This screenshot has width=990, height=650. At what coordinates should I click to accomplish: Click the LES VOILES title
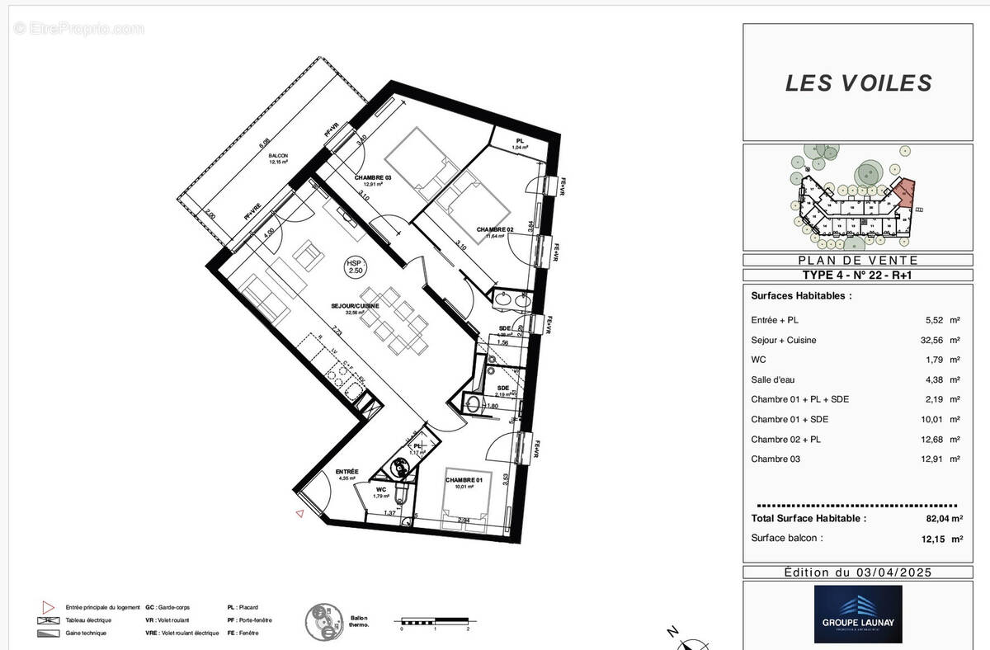point(858,82)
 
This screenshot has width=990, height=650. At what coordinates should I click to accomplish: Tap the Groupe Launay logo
point(858,615)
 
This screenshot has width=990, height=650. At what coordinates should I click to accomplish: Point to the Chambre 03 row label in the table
point(775,459)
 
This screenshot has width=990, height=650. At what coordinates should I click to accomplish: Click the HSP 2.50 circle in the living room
point(355,266)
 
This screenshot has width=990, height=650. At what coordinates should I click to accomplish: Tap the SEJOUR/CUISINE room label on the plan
point(356,306)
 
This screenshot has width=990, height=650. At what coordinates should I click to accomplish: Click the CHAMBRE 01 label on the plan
point(463,480)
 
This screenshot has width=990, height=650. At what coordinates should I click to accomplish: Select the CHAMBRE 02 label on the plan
point(494,229)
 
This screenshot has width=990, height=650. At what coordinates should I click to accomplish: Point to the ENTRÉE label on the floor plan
point(346,471)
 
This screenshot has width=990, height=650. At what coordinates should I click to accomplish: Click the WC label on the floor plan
point(381,489)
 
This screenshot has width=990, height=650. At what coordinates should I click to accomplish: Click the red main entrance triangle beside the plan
point(299,514)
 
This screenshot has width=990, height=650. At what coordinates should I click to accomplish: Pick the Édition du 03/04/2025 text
point(858,572)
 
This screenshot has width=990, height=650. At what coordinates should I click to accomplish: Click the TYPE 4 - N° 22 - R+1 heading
point(858,276)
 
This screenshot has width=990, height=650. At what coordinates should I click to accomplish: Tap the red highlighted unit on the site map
point(905,191)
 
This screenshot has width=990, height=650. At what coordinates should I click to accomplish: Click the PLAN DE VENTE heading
point(858,260)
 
